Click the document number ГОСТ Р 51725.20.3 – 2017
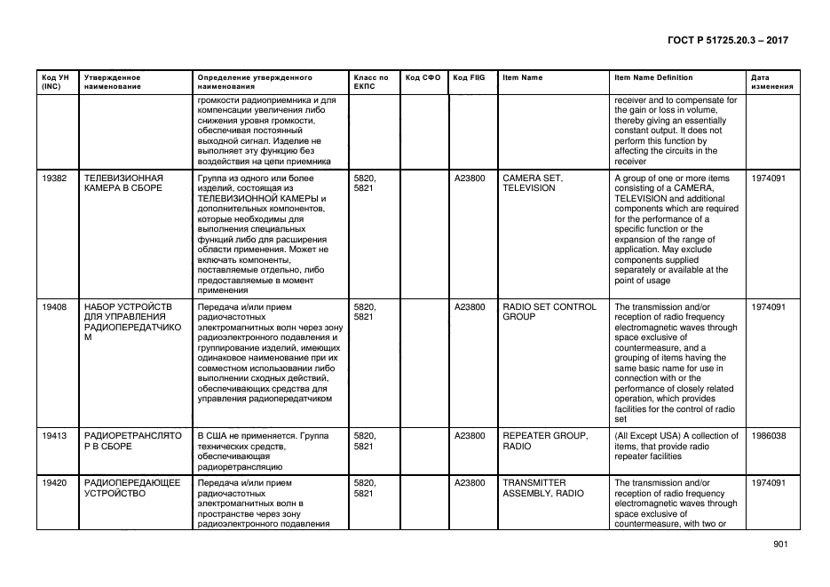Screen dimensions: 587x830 726,40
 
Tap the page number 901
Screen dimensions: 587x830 780,544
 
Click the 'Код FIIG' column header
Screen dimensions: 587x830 468,78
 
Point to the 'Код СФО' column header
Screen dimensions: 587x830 422,78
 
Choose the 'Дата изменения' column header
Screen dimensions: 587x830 771,83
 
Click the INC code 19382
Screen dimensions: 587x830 54,178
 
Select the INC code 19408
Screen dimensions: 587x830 54,306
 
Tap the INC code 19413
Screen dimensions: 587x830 54,435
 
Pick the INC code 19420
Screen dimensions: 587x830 54,482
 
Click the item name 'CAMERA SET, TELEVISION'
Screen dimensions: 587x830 533,183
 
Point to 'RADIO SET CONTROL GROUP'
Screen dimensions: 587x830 549,312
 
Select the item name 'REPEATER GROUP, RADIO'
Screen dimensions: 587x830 544,440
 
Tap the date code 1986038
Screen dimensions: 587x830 768,435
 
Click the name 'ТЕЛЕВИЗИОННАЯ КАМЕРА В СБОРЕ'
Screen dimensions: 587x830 123,183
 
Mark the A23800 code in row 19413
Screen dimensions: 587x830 470,435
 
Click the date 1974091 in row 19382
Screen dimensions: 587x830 768,178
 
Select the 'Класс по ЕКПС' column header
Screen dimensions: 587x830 370,83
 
